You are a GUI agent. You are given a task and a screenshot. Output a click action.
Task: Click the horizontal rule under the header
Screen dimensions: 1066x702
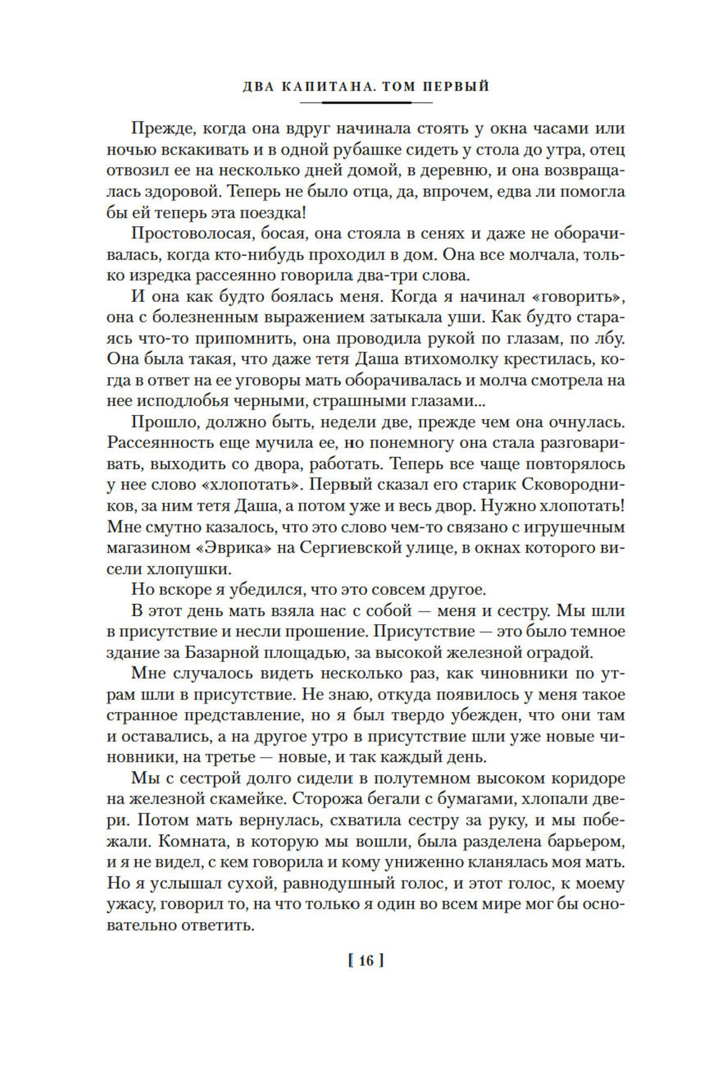[x=366, y=103]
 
